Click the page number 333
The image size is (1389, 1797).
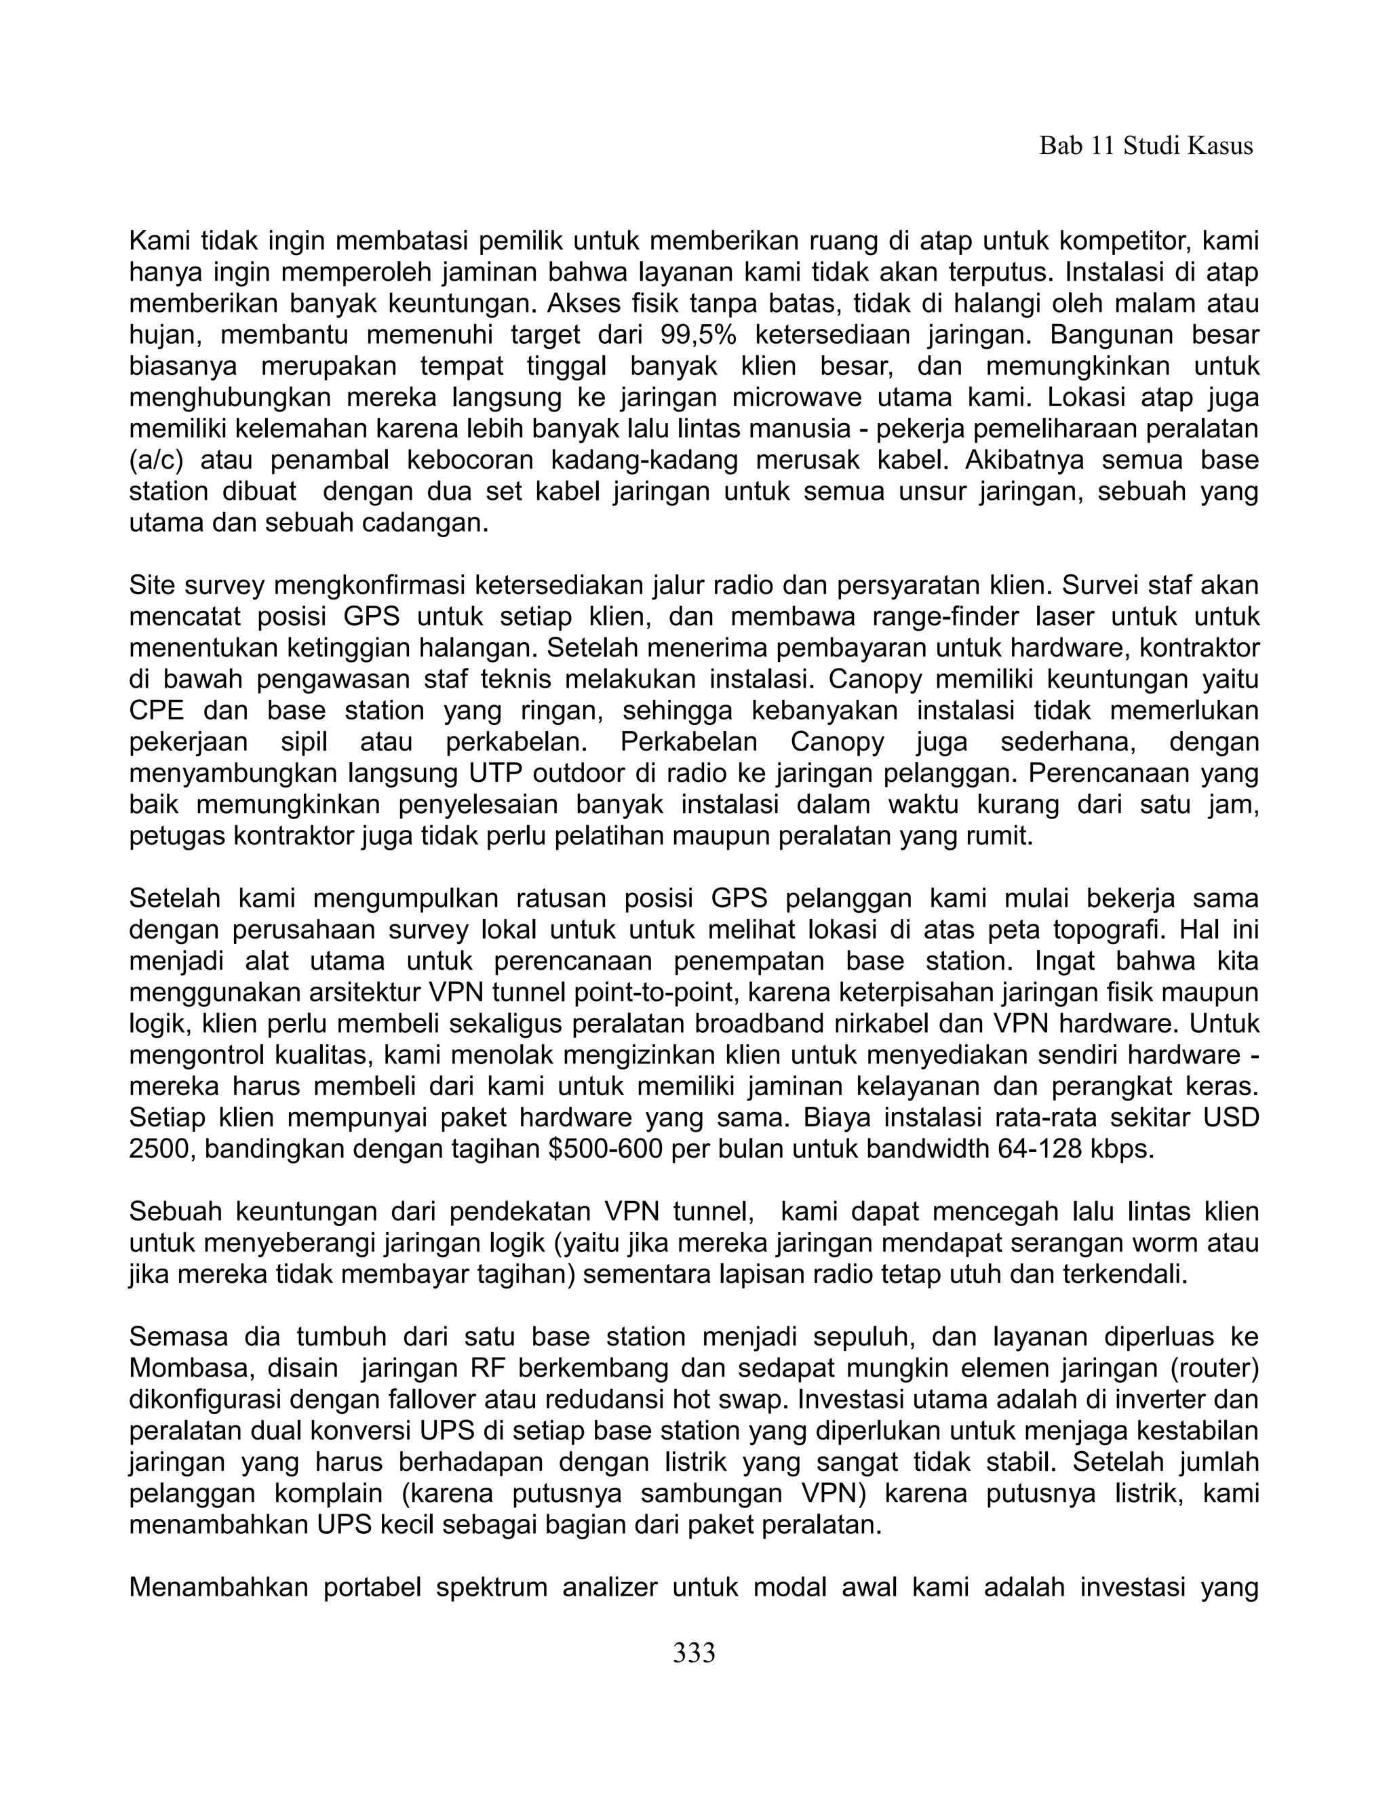click(694, 1652)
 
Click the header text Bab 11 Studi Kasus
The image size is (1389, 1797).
click(1146, 146)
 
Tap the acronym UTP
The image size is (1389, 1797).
click(497, 774)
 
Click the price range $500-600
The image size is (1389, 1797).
click(605, 1149)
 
